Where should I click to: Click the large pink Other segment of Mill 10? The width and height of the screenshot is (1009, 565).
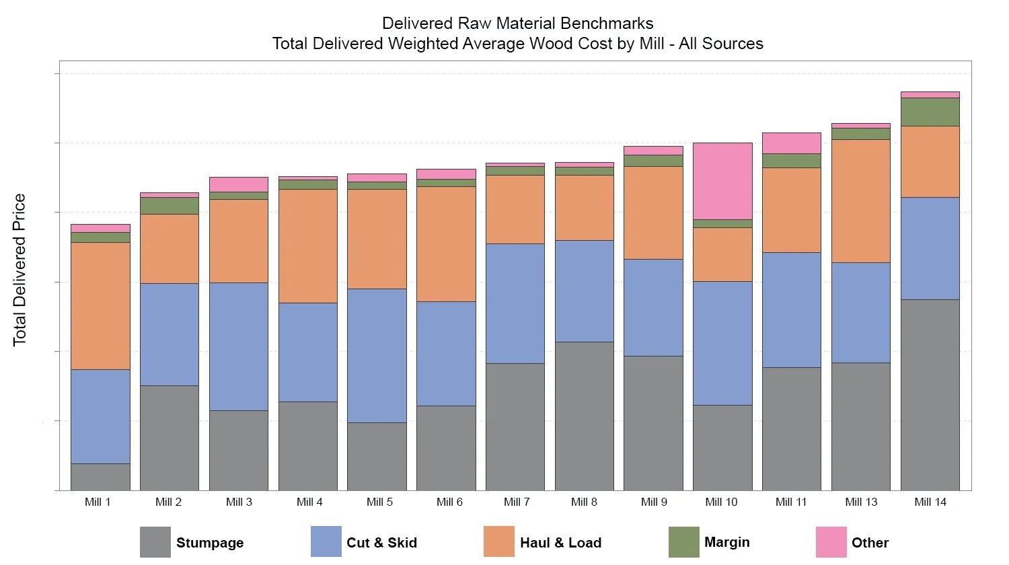pos(722,181)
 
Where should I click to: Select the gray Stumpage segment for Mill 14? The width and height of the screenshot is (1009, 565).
pos(930,395)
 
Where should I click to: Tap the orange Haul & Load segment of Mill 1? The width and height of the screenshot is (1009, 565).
pos(100,305)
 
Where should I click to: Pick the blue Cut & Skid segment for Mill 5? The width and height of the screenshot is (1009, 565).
pos(377,355)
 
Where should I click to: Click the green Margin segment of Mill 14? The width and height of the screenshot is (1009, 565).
pos(930,112)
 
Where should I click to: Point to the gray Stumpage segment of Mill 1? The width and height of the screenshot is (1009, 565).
pos(100,477)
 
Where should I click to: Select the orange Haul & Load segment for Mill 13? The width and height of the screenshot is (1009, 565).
pos(860,200)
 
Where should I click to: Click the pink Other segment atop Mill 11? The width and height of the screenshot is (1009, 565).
pos(791,143)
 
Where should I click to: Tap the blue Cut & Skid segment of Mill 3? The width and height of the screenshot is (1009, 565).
pos(238,346)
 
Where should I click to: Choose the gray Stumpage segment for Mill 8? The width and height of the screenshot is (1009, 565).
pos(584,416)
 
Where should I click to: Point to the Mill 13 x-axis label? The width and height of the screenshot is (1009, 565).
pos(860,502)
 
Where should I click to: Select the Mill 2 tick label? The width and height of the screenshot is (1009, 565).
pos(168,502)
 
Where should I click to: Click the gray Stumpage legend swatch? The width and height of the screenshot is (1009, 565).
pos(155,542)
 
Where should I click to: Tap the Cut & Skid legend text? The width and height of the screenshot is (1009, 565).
pos(381,543)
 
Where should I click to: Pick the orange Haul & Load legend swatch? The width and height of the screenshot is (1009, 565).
pos(498,542)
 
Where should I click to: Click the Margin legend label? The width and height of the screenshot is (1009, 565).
pos(726,542)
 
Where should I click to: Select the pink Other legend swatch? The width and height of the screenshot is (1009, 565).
pos(831,542)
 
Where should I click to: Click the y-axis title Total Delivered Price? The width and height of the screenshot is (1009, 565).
pos(20,270)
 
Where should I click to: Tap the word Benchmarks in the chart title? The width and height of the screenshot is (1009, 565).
pos(610,24)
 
